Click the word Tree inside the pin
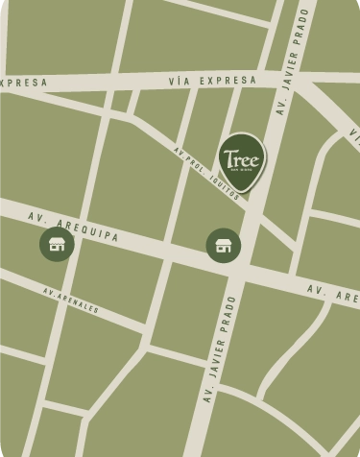(241, 156)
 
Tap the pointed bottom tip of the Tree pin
(242, 193)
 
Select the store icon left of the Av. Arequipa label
(57, 244)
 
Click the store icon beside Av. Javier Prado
(224, 245)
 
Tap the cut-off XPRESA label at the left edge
(23, 83)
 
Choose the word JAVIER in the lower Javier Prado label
(213, 381)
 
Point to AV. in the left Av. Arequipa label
(37, 216)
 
